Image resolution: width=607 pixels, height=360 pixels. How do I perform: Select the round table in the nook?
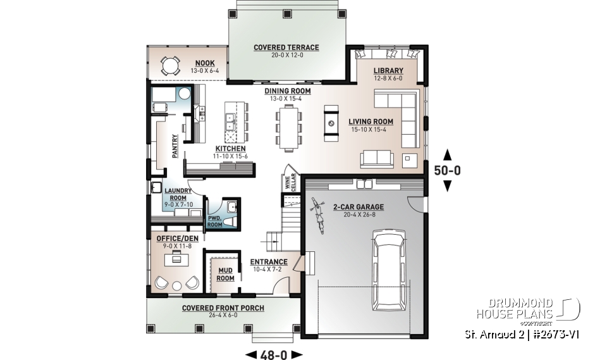(x=170, y=65)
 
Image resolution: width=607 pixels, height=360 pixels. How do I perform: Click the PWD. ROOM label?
(x=214, y=220)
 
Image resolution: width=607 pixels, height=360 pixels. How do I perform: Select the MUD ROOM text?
(x=226, y=275)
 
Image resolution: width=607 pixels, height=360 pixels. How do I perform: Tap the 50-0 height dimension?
(x=446, y=170)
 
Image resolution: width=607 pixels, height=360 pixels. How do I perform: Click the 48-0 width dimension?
(x=274, y=354)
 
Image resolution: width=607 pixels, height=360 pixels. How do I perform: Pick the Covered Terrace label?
(x=286, y=47)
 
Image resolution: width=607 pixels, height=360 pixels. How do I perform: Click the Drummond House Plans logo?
(x=528, y=308)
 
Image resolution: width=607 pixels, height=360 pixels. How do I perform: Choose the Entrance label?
(x=269, y=262)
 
